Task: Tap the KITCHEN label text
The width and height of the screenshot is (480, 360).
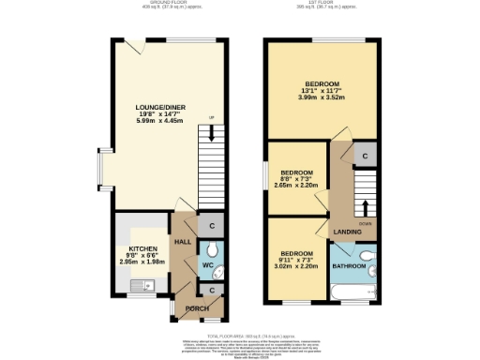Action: [x=143, y=249]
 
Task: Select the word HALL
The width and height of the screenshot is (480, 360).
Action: [x=183, y=242]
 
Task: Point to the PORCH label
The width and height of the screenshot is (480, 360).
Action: [x=197, y=308]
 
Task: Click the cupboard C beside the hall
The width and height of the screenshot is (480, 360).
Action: [x=212, y=225]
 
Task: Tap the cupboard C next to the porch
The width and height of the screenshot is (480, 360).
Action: [x=212, y=291]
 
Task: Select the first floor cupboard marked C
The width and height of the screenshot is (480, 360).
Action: [x=365, y=155]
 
